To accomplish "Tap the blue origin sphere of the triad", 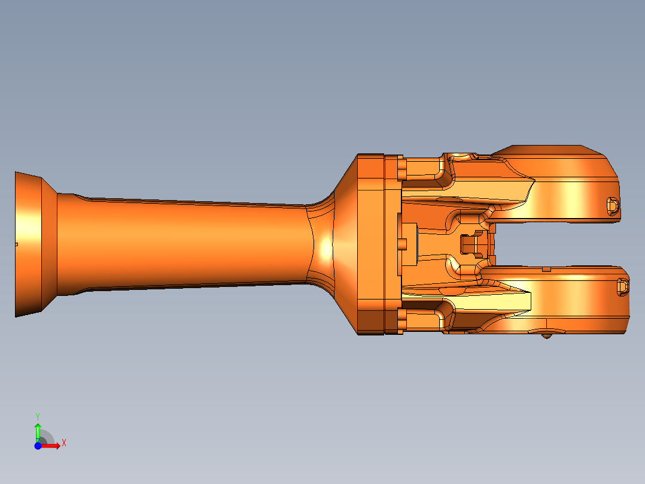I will pyautogui.click(x=38, y=446).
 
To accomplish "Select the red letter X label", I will pyautogui.click(x=64, y=443).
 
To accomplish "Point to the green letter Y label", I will pyautogui.click(x=37, y=416).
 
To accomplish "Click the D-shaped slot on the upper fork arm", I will pyautogui.click(x=612, y=205).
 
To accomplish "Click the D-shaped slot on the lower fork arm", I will pyautogui.click(x=623, y=287).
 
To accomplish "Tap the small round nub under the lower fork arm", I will pyautogui.click(x=546, y=337).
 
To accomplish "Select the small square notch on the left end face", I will pyautogui.click(x=16, y=244).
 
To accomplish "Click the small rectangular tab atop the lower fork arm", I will pyautogui.click(x=546, y=270).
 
